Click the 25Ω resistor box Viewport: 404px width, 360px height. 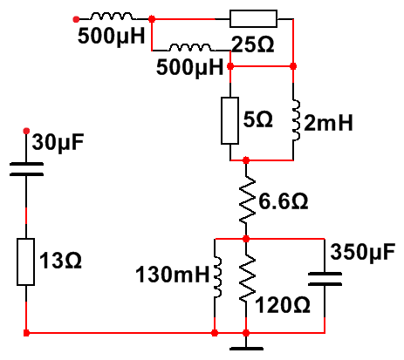pyautogui.click(x=253, y=19)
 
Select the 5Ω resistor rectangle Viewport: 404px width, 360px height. pyautogui.click(x=229, y=120)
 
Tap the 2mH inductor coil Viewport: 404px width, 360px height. pyautogui.click(x=296, y=120)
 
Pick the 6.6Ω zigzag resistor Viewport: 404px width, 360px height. pyautogui.click(x=247, y=200)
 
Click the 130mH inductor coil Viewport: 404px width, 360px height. pyautogui.click(x=218, y=277)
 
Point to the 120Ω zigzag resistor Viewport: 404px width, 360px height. pyautogui.click(x=247, y=278)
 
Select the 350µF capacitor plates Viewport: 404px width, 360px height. pyautogui.click(x=325, y=279)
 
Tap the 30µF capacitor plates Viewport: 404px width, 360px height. pyautogui.click(x=26, y=169)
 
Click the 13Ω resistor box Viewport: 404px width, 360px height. pyautogui.click(x=26, y=262)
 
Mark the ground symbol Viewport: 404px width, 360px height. pyautogui.click(x=246, y=348)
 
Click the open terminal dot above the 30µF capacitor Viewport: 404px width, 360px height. pyautogui.click(x=26, y=131)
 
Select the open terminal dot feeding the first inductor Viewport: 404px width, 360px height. pyautogui.click(x=76, y=19)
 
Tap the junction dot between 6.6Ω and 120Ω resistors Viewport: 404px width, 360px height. pyautogui.click(x=246, y=239)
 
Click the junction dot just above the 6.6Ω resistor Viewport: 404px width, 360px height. pyautogui.click(x=246, y=160)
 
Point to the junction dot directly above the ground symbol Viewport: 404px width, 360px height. pyautogui.click(x=246, y=333)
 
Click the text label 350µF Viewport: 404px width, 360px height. pyautogui.click(x=363, y=252)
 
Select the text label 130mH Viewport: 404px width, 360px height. pyautogui.click(x=173, y=275)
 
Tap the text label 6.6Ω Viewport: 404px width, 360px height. pyautogui.click(x=284, y=201)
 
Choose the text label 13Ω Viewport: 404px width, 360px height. pyautogui.click(x=60, y=260)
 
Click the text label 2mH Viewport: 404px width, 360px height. pyautogui.click(x=328, y=123)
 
